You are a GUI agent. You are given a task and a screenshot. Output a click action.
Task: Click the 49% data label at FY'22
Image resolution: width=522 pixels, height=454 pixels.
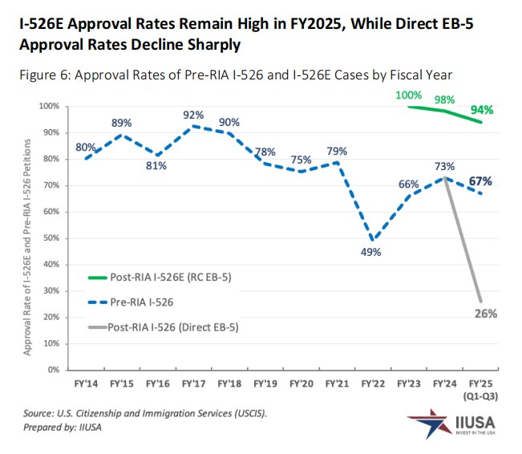tap(370, 251)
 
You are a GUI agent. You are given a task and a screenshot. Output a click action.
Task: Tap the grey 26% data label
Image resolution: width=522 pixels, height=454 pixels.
tap(485, 314)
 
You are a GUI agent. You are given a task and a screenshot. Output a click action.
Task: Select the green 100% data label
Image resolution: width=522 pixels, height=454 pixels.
tap(408, 95)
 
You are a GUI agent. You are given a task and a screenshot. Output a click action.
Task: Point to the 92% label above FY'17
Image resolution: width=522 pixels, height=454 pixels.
tap(192, 115)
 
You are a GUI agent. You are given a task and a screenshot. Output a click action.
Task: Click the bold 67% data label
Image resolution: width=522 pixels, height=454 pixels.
tap(481, 180)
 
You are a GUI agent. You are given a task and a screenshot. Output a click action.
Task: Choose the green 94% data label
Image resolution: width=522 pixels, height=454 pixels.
tap(482, 110)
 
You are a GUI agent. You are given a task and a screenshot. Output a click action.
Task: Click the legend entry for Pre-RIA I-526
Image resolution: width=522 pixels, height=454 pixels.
tap(141, 302)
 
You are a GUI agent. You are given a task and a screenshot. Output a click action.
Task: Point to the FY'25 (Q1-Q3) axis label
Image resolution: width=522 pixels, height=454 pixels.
tap(481, 388)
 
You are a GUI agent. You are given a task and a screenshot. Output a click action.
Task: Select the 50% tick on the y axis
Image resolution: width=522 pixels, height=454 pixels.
tap(51, 238)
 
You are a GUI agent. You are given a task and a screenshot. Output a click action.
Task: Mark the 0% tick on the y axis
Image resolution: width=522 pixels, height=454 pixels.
tap(55, 370)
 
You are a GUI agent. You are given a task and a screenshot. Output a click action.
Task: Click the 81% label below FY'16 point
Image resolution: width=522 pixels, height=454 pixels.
tap(156, 166)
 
